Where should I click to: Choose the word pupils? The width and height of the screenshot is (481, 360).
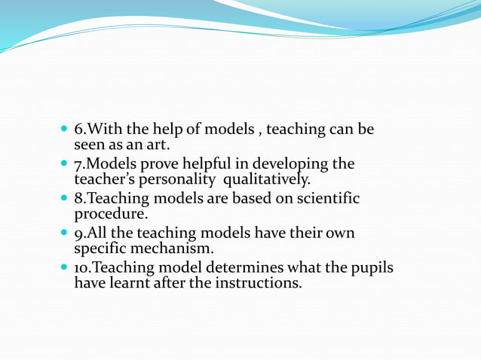[x=370, y=268]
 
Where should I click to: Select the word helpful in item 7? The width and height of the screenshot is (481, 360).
[x=188, y=164]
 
